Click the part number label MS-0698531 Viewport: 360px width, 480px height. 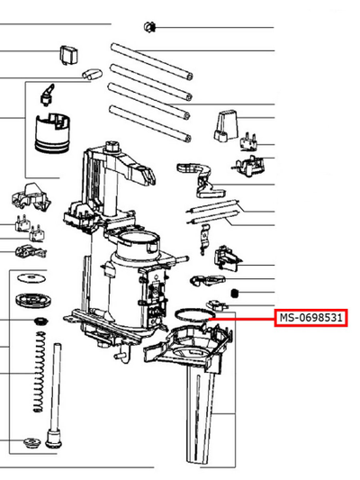click(310, 318)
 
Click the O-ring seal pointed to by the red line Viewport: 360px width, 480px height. click(194, 310)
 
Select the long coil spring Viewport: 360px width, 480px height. click(39, 371)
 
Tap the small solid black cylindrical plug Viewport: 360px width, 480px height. click(235, 293)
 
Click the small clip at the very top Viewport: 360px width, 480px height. click(149, 27)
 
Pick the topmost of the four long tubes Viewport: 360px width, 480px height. click(152, 61)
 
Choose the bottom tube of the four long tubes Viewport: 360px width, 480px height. click(150, 123)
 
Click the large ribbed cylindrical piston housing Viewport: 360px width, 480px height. click(52, 133)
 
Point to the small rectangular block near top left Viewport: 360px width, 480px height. click(68, 55)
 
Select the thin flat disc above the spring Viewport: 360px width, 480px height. click(31, 278)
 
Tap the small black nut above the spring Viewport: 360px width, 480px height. click(40, 322)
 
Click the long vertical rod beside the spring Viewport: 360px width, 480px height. click(55, 395)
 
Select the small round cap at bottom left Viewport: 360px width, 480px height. click(31, 442)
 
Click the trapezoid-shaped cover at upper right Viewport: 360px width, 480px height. click(226, 126)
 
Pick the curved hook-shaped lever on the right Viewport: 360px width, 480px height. click(201, 179)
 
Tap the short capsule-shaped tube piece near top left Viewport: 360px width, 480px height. click(92, 73)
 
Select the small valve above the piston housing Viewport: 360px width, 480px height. click(48, 95)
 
